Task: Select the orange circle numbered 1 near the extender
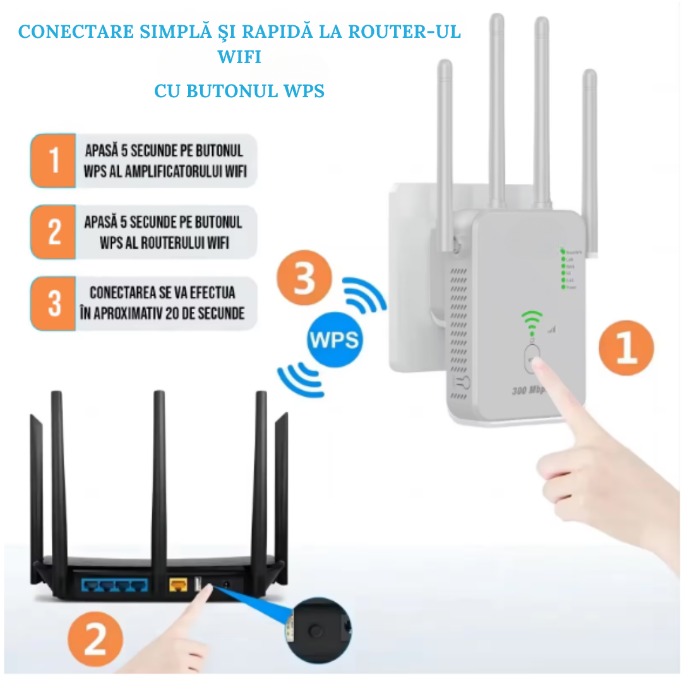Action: click(x=625, y=348)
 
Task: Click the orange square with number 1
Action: click(x=54, y=160)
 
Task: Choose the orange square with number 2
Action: click(x=54, y=232)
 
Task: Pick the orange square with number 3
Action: click(x=54, y=304)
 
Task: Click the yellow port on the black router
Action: click(x=177, y=585)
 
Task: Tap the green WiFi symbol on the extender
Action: click(x=532, y=320)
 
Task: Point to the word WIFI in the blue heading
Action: click(x=239, y=57)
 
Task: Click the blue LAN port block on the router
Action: click(x=114, y=584)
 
